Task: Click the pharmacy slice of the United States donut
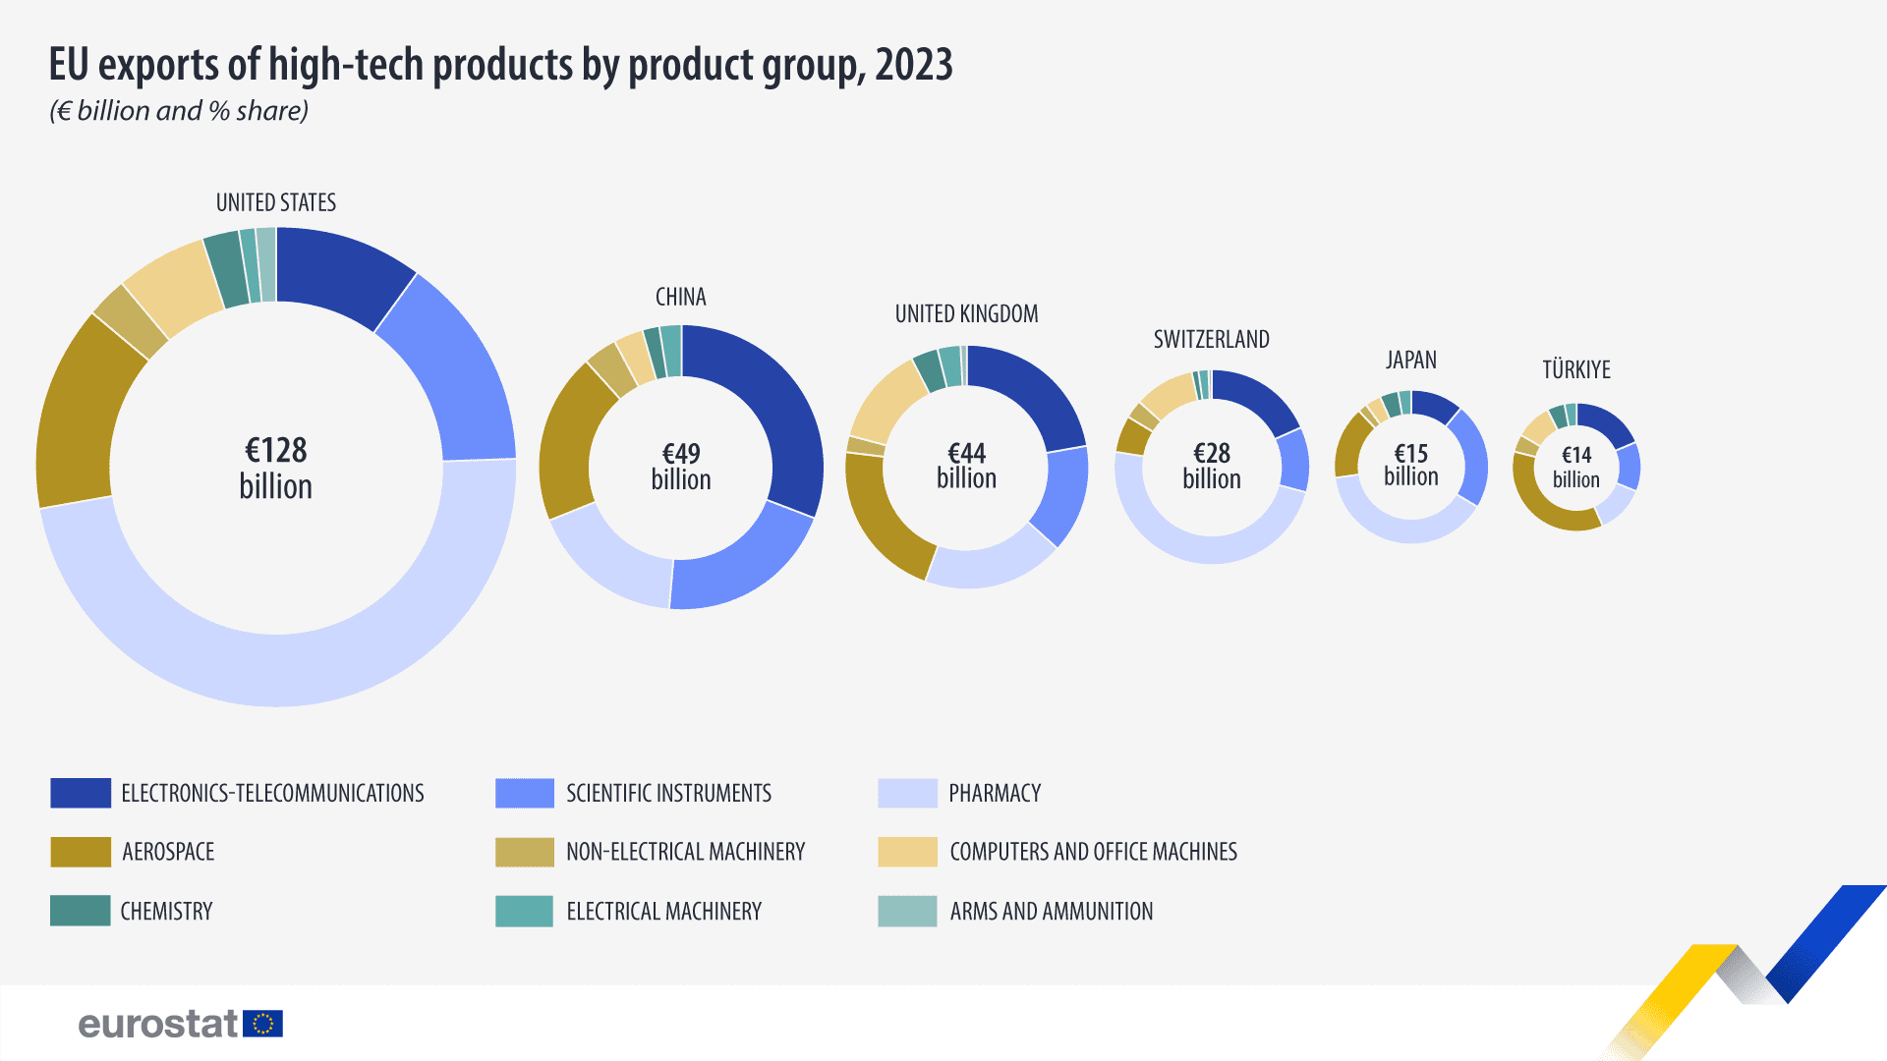pos(295,668)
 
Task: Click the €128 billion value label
pos(276,468)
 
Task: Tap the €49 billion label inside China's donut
pos(681,467)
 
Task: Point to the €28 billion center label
pos(1212,466)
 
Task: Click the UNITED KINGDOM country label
pos(966,314)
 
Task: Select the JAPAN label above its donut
pos(1411,361)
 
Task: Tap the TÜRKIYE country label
pos(1576,370)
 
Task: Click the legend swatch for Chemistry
pos(81,911)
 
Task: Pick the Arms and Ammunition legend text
pos(1051,912)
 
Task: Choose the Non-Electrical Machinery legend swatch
pos(525,852)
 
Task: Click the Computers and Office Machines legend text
pos(1093,852)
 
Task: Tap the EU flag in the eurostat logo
pos(262,1024)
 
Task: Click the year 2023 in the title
pos(913,65)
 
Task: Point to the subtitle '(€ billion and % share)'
pos(179,111)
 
